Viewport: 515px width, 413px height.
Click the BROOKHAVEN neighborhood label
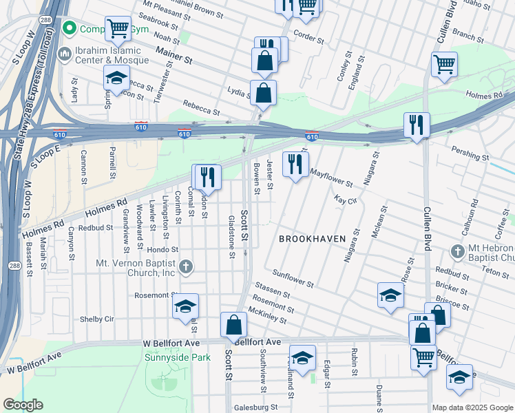click(313, 238)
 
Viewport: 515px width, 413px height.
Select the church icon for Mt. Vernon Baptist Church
click(185, 266)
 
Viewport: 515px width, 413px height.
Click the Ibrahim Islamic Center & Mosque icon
click(65, 53)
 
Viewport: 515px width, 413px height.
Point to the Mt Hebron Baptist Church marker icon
click(458, 252)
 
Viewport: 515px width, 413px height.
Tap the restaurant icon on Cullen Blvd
click(417, 125)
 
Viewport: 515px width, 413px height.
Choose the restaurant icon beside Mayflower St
click(295, 164)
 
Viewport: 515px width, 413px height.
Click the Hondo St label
click(162, 250)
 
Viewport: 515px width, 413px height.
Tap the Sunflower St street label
click(293, 279)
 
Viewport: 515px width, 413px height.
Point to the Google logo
click(23, 405)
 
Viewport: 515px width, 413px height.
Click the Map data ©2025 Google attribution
click(472, 407)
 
